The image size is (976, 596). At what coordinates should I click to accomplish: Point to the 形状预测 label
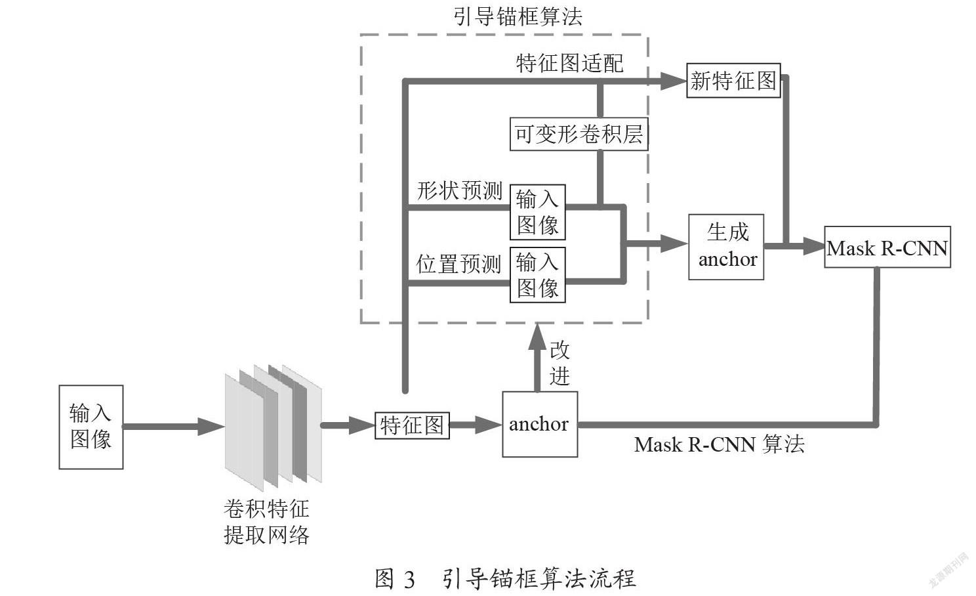[460, 191]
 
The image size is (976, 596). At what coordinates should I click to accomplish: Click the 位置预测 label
[458, 265]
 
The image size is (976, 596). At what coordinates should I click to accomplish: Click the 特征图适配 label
[570, 64]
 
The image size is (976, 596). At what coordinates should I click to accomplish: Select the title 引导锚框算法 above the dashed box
[518, 16]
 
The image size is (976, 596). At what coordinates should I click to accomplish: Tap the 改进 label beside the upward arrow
[559, 363]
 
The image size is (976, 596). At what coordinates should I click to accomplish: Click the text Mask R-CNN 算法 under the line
[720, 445]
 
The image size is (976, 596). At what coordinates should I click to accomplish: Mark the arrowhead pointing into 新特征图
[674, 81]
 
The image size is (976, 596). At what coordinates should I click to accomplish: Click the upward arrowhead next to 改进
[537, 337]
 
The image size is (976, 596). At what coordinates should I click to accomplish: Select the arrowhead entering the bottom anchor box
[489, 425]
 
